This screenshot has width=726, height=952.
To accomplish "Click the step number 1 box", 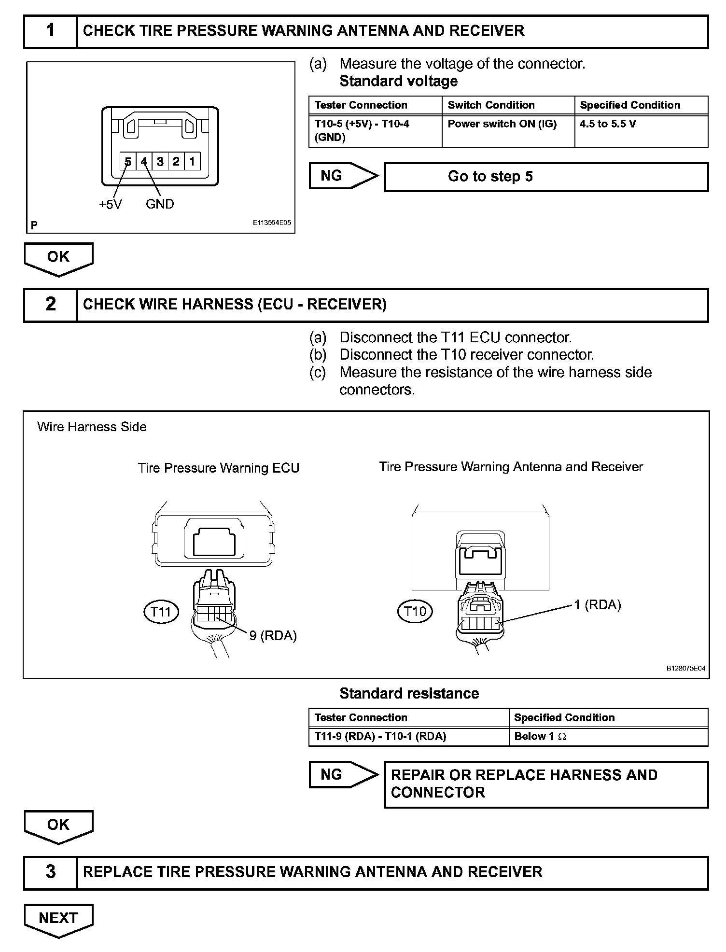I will click(x=50, y=31).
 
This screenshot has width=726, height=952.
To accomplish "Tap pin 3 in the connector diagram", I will click(x=160, y=161).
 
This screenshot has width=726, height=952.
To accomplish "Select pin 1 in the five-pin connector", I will click(x=192, y=161).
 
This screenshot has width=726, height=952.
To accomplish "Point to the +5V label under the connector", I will click(x=111, y=204).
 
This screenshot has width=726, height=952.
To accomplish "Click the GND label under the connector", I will click(x=160, y=204).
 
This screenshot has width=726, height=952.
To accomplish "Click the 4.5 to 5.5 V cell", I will click(x=641, y=130).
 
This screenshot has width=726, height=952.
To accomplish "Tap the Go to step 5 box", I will click(x=546, y=177).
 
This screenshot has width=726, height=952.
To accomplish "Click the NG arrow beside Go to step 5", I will click(x=343, y=176).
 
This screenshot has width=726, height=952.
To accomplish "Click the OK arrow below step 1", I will click(x=58, y=258).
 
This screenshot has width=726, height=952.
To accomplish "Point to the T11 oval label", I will click(x=161, y=612).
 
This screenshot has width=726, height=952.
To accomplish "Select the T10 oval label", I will click(x=415, y=612).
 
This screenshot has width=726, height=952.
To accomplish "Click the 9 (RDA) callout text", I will click(x=273, y=636).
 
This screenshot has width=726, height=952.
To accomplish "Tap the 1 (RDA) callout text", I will click(x=597, y=605).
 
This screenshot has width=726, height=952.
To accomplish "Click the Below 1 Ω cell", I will click(x=608, y=736).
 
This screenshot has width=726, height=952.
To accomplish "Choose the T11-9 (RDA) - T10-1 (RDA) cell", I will click(x=408, y=736).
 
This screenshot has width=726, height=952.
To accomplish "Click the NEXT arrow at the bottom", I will click(x=58, y=918).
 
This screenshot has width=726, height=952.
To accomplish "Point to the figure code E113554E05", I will click(x=272, y=224).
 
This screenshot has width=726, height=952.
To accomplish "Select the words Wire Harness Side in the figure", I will click(x=92, y=427).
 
